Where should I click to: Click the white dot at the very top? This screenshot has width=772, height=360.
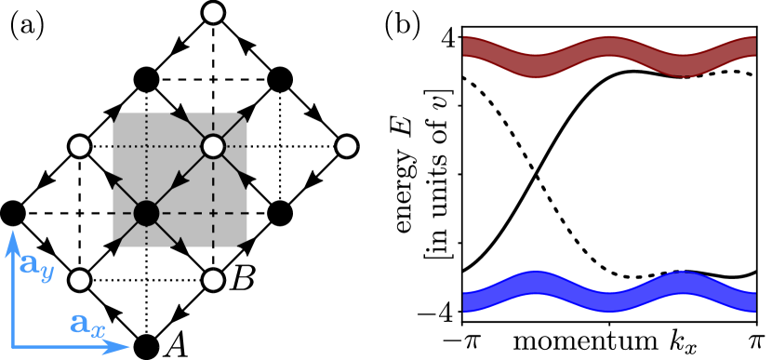coord(213,13)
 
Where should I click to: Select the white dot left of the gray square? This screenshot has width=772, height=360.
coord(80,146)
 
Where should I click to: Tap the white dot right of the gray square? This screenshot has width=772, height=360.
coord(347,146)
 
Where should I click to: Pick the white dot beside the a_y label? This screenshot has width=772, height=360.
coord(80,280)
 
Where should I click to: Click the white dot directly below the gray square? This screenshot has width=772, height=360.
coord(213,280)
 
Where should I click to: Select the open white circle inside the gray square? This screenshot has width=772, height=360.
coord(213,146)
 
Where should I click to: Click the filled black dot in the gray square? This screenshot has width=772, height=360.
coord(146,213)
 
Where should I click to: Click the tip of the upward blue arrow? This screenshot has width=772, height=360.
coord(13,233)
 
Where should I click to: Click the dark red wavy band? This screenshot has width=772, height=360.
coord(609,57)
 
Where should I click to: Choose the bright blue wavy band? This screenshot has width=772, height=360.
coord(609,290)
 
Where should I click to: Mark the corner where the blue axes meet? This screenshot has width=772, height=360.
coord(13,347)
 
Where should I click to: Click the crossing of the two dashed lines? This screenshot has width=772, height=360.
coord(213,213)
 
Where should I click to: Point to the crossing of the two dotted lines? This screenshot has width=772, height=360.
coord(146,146)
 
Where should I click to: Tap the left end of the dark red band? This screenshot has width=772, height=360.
coord(466,47)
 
